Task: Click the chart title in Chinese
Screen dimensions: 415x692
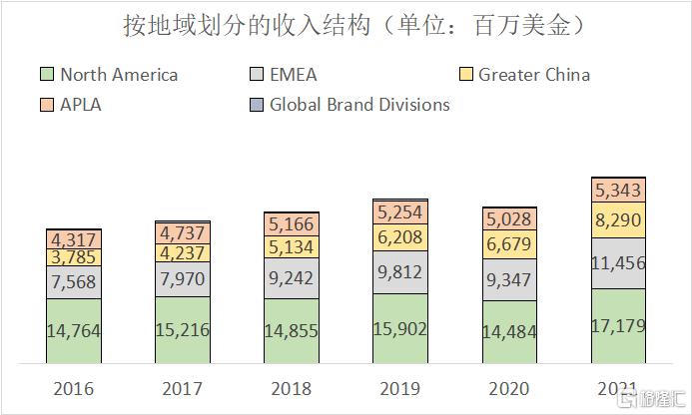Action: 346,25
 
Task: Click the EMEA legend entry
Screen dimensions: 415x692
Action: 296,75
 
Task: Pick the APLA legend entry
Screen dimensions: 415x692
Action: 81,105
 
